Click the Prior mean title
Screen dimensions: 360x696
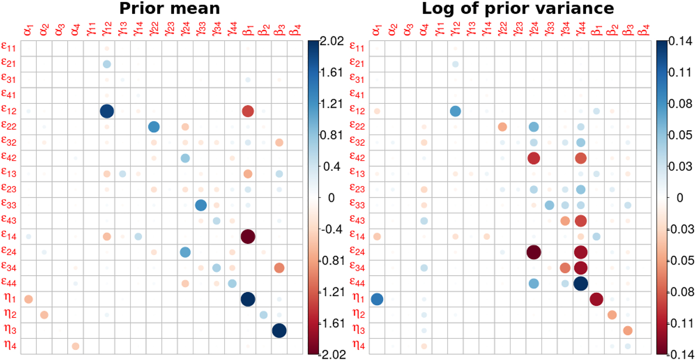pyautogui.click(x=170, y=9)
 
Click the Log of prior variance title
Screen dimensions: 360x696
pyautogui.click(x=517, y=9)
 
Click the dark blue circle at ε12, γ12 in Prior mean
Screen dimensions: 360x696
pyautogui.click(x=107, y=111)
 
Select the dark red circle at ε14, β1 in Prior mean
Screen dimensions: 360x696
pyautogui.click(x=248, y=236)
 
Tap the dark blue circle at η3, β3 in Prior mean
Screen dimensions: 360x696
pyautogui.click(x=279, y=330)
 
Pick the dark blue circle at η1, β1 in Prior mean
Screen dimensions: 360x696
pyautogui.click(x=248, y=299)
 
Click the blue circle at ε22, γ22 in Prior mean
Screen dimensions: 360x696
pyautogui.click(x=154, y=126)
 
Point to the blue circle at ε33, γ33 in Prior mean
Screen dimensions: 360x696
pyautogui.click(x=201, y=205)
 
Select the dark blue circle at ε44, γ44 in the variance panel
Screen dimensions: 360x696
pyautogui.click(x=581, y=283)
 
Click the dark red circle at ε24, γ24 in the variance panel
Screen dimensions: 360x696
pyautogui.click(x=534, y=252)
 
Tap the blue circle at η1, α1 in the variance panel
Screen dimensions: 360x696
pyautogui.click(x=377, y=299)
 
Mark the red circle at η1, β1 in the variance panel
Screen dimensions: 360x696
pyautogui.click(x=596, y=299)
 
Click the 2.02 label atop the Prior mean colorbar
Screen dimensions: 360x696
pyautogui.click(x=332, y=41)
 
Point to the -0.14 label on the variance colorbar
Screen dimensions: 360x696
pyautogui.click(x=681, y=355)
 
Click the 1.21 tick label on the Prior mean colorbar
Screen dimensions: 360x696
pyautogui.click(x=331, y=104)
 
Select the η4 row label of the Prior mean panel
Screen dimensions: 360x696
pyautogui.click(x=10, y=345)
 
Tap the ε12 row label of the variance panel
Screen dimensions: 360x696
pyautogui.click(x=357, y=110)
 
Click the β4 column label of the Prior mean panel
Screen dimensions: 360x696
pyautogui.click(x=296, y=30)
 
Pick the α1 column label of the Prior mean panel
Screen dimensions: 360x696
pyautogui.click(x=28, y=30)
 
